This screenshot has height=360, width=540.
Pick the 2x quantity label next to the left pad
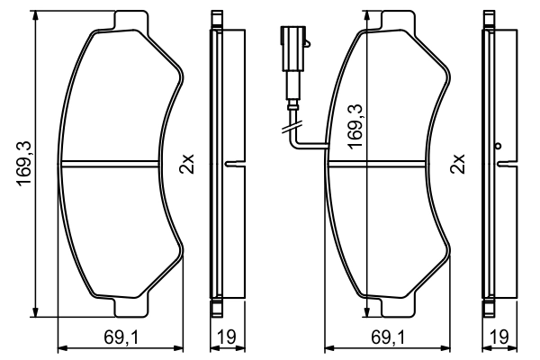click(x=187, y=165)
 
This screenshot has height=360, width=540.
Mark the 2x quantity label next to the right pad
click(x=458, y=165)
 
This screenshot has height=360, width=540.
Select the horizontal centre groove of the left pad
click(x=118, y=164)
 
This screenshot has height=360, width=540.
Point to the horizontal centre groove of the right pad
click(x=386, y=164)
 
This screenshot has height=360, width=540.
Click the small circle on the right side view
click(x=496, y=145)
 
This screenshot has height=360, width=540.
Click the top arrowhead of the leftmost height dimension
click(x=35, y=18)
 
